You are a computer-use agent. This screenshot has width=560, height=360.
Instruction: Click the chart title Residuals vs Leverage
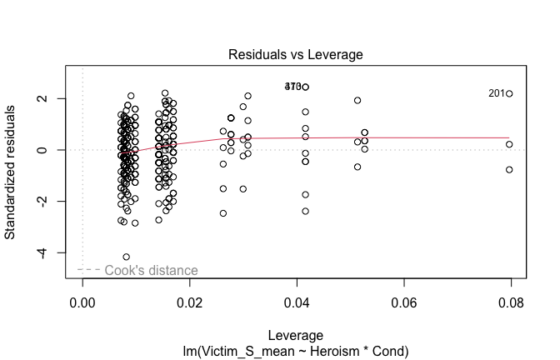click(296, 54)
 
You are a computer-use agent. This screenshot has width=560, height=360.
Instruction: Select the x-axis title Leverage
click(296, 334)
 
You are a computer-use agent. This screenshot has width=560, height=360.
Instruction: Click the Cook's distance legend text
click(151, 271)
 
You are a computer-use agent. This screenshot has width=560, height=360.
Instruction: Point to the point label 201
click(497, 94)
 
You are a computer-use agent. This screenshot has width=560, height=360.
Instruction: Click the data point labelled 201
click(509, 94)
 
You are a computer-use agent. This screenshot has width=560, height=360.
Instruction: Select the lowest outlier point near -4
click(127, 257)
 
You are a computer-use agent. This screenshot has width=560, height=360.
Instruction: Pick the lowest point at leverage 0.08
click(509, 169)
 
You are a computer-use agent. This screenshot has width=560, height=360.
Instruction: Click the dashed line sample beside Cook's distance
click(89, 270)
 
